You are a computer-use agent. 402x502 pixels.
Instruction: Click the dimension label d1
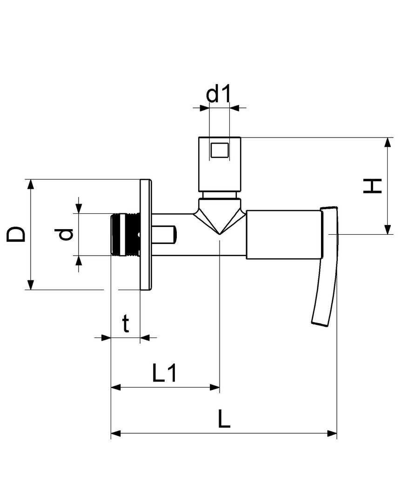pos(218,94)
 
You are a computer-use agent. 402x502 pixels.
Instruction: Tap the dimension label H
pos(373,186)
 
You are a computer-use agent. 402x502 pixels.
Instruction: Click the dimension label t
pos(126,324)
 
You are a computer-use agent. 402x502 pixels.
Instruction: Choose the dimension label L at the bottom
pos(224,419)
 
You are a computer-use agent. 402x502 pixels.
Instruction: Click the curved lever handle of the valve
pos(328,266)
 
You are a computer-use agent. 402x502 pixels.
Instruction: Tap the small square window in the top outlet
pos(220,150)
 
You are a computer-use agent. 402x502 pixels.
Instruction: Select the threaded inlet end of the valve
pos(125,234)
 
